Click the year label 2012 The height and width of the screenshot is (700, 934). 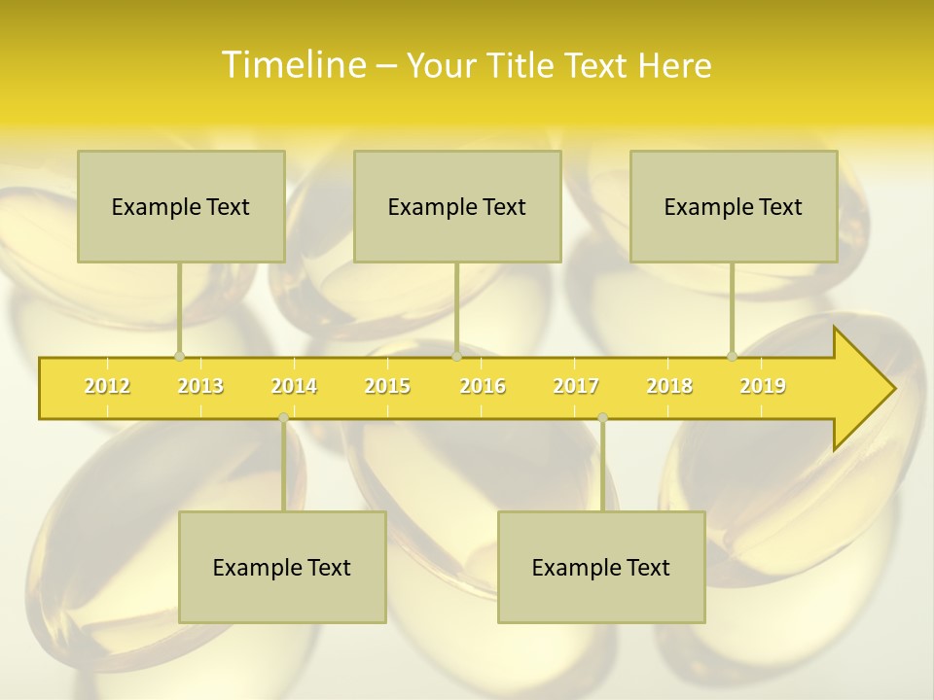tap(107, 387)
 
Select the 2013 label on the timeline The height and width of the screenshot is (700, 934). tap(200, 387)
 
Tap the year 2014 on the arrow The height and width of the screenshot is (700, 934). tap(294, 387)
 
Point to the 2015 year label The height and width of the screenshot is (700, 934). tap(387, 387)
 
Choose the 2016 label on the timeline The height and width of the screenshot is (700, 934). tap(483, 387)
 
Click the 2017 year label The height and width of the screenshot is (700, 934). tap(576, 387)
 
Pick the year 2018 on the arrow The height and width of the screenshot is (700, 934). tap(669, 387)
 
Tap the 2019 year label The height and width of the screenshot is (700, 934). tap(763, 387)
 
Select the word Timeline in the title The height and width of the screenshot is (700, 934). tap(293, 65)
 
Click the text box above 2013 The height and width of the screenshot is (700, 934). tap(181, 206)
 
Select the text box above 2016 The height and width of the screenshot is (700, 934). tap(457, 206)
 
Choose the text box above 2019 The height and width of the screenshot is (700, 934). tap(734, 206)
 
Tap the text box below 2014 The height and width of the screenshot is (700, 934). tap(282, 567)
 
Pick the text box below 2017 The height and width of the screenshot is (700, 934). tap(601, 567)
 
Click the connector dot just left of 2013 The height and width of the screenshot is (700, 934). tap(179, 357)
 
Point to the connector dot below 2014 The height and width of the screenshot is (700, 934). tap(283, 418)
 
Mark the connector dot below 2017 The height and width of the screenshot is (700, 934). tap(602, 418)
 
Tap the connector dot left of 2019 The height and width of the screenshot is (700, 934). tap(732, 357)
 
